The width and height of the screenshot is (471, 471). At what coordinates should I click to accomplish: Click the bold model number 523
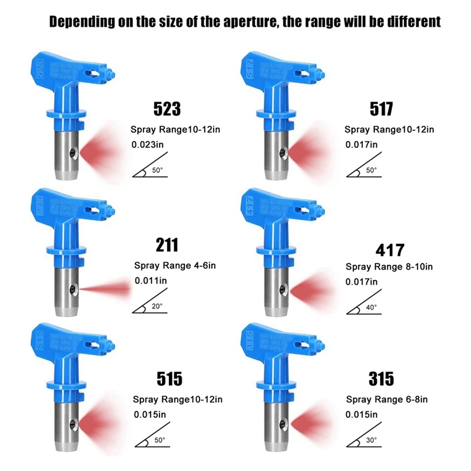coord(167,108)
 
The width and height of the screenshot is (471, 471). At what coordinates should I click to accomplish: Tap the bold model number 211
coord(167,245)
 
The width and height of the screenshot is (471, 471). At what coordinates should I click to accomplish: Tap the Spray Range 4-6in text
coord(175,266)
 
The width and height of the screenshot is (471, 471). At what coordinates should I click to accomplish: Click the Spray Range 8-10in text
coord(389,267)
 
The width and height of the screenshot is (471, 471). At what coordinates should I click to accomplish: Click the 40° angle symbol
coord(363,307)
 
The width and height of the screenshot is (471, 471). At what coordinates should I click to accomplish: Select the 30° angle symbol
coord(363,440)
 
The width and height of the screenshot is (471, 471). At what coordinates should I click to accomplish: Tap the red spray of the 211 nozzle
coord(106,288)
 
